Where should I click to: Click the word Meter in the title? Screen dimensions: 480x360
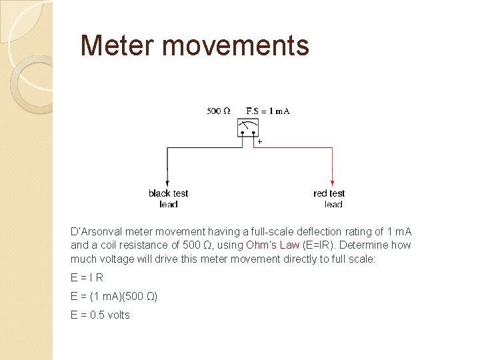pyautogui.click(x=117, y=46)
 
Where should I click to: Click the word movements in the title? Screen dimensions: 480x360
pyautogui.click(x=235, y=46)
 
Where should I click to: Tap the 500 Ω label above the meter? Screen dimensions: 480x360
pyautogui.click(x=219, y=111)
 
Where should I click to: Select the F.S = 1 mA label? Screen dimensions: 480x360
pyautogui.click(x=268, y=111)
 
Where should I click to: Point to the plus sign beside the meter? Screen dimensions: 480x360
pyautogui.click(x=259, y=142)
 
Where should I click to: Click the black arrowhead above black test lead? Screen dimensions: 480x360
pyautogui.click(x=167, y=181)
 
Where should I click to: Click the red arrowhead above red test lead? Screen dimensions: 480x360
pyautogui.click(x=331, y=181)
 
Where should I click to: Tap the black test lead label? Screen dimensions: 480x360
pyautogui.click(x=168, y=199)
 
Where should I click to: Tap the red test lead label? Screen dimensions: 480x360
pyautogui.click(x=329, y=199)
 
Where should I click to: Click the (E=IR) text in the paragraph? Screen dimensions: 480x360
pyautogui.click(x=319, y=245)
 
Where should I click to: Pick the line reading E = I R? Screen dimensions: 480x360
pyautogui.click(x=87, y=277)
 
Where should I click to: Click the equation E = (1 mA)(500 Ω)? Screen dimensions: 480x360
pyautogui.click(x=114, y=296)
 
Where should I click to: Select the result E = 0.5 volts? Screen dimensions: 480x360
pyautogui.click(x=100, y=315)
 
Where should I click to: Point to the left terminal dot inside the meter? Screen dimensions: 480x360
pyautogui.click(x=243, y=133)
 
